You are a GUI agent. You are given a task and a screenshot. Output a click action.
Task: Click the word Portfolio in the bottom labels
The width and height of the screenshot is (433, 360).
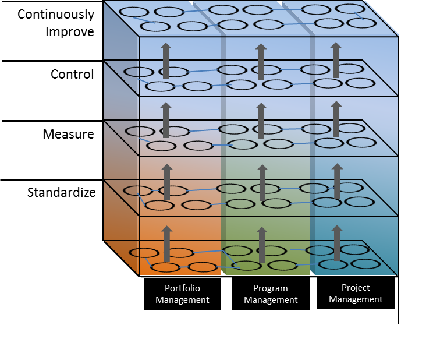coord(182,288)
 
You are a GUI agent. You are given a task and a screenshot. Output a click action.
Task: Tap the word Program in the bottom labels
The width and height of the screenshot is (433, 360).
coord(270,288)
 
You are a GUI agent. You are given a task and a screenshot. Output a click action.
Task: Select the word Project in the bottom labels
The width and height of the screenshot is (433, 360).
coord(355,287)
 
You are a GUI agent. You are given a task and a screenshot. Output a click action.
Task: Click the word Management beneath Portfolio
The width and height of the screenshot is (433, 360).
coord(182,300)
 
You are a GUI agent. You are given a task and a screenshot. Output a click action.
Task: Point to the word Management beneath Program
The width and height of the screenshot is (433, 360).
coord(270,300)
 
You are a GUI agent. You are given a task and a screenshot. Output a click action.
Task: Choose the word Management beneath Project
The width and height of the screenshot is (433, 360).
coord(355,299)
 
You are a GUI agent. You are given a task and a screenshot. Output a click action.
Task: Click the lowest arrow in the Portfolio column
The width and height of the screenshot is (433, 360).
coord(166,243)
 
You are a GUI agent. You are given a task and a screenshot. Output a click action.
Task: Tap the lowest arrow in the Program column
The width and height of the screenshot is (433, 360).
coord(261,243)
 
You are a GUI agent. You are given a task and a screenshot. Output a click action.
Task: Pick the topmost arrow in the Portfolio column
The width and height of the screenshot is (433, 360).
coord(166,61)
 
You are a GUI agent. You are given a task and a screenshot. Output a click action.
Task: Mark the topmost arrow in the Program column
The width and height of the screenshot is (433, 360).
coord(261,61)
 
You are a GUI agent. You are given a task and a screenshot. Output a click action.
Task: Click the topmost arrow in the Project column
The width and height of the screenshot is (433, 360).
coord(336,60)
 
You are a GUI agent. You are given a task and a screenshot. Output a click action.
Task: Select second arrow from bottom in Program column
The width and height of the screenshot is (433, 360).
coord(261,183)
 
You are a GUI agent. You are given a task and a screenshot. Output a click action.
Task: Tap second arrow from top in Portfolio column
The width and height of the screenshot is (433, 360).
coord(166,121)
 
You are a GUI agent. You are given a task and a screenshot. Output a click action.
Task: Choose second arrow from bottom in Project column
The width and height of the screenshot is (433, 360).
coord(336,181)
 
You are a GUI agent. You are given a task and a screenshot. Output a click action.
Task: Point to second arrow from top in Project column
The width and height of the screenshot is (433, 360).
coord(336,119)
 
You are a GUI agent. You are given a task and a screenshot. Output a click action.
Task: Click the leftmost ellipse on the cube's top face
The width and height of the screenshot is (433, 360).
coord(133,12)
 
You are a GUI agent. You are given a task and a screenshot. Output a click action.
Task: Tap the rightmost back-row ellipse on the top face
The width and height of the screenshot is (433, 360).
coord(350,9)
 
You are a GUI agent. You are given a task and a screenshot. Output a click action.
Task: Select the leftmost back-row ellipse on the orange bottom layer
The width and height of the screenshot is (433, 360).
coord(143,253)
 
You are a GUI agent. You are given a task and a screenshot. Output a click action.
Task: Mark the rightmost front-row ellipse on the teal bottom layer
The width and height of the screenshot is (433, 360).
coord(365,264)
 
